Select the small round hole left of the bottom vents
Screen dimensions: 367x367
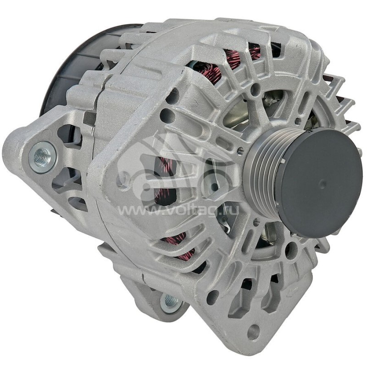212,297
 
